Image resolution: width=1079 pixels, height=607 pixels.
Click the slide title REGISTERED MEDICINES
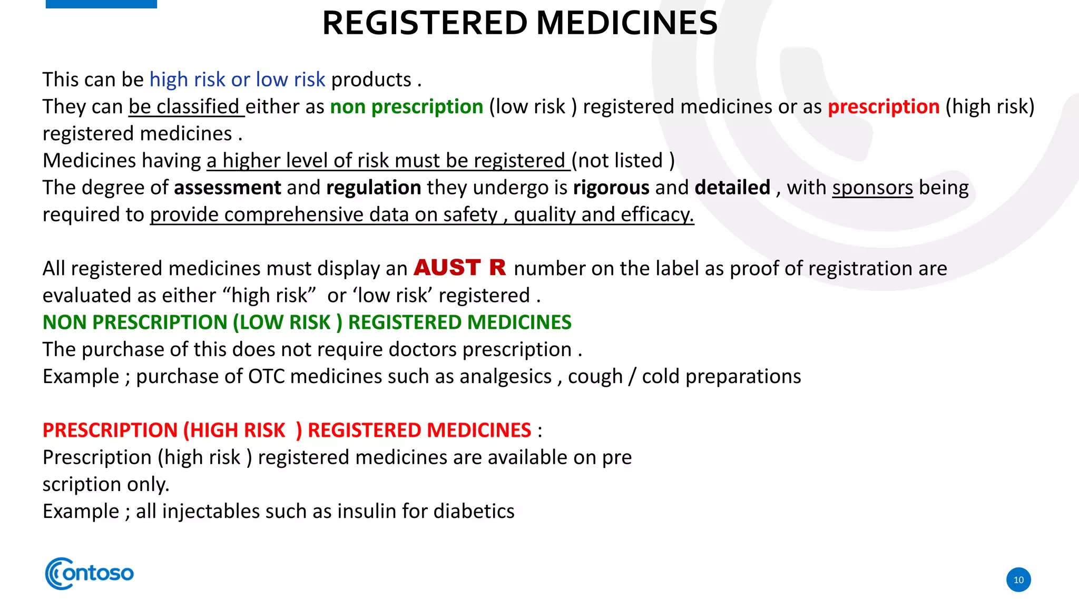[519, 24]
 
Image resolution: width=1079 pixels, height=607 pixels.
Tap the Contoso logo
[90, 573]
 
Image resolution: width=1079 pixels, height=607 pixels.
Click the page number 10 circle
[1018, 580]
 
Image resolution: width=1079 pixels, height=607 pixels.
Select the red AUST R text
[459, 268]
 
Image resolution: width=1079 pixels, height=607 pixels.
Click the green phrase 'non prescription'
[406, 107]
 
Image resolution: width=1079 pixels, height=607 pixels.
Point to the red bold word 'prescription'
[884, 107]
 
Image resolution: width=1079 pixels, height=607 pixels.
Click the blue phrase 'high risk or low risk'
[237, 80]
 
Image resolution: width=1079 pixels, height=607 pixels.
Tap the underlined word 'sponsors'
[872, 188]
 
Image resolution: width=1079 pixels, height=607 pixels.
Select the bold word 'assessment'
[227, 188]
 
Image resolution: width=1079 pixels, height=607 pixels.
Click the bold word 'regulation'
[374, 188]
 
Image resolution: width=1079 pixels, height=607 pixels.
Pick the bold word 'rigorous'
[611, 188]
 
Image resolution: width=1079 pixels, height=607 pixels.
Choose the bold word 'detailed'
[732, 188]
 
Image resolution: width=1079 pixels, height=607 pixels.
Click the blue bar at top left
[101, 4]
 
